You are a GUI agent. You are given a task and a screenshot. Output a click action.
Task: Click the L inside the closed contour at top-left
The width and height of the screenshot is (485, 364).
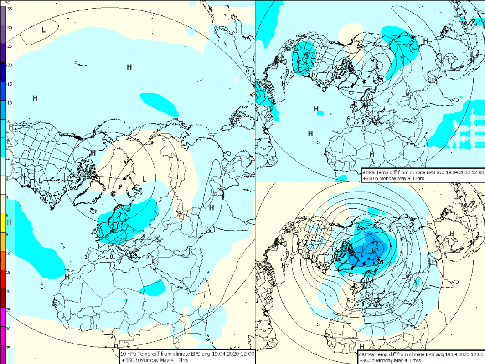click(x=43, y=30)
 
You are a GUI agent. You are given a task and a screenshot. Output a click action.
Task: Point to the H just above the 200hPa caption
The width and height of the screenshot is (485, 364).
click(x=361, y=347)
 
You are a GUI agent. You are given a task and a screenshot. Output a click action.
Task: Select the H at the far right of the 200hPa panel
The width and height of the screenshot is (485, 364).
click(x=452, y=233)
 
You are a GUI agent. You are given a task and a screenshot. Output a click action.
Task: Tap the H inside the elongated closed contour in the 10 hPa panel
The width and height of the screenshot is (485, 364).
click(x=212, y=207)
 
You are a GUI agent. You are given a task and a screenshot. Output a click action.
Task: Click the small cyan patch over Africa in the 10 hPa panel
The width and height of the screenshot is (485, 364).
click(x=153, y=287)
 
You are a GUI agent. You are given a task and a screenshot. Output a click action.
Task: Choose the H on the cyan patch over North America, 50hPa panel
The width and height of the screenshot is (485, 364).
click(x=306, y=56)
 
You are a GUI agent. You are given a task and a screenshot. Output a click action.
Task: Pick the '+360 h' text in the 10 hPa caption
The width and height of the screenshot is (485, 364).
click(x=130, y=360)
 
